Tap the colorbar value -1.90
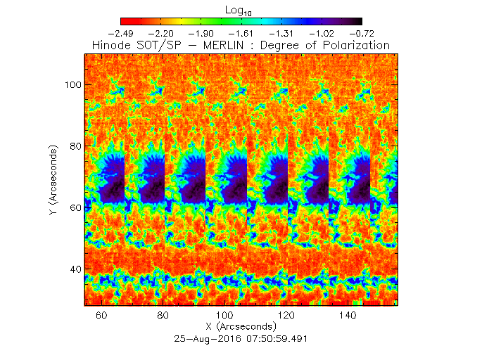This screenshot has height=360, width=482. [x=202, y=33]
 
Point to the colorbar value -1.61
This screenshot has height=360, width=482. [x=242, y=33]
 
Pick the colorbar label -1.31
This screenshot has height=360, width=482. [x=282, y=33]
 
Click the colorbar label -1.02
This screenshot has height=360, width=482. [x=322, y=33]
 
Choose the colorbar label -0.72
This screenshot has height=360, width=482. [x=362, y=33]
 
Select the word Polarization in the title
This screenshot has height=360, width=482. [x=353, y=45]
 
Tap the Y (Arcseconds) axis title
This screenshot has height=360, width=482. [x=54, y=181]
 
